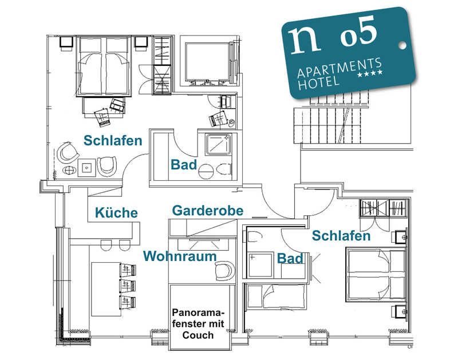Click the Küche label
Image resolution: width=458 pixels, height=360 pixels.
116,212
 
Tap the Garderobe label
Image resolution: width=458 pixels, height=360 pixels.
208,211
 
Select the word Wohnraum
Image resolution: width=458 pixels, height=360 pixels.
180,256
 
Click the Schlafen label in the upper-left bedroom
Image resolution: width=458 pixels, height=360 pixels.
113,140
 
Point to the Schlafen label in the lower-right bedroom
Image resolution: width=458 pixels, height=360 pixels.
341,235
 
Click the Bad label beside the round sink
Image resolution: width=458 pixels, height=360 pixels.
184,165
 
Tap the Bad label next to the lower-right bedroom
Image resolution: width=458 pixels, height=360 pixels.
290,258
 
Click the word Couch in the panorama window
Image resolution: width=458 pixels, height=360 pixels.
198,335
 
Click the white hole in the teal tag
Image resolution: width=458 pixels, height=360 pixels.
403,45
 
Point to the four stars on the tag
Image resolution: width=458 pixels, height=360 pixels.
370,74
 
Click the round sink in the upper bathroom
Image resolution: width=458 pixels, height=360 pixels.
206,172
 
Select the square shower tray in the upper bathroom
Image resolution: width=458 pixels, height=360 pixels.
219,144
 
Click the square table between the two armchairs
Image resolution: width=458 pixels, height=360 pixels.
87,168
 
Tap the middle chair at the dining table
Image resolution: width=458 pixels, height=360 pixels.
128,286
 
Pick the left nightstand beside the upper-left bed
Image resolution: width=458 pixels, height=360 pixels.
66,42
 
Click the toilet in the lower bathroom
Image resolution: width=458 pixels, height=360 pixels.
254,237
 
